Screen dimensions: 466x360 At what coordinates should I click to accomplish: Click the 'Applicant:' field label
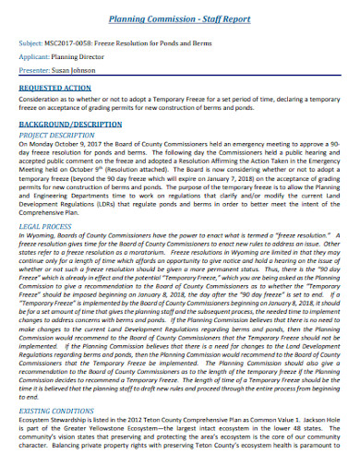pos(35,56)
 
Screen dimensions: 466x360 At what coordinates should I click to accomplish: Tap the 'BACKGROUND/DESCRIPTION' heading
pos(70,122)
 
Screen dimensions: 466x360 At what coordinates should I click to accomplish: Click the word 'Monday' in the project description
pos(42,144)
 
